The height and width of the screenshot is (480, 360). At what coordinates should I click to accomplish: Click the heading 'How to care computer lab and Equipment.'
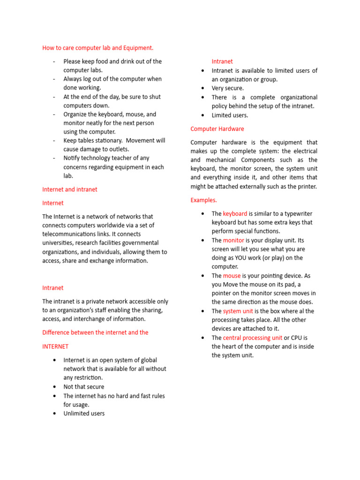tap(97, 48)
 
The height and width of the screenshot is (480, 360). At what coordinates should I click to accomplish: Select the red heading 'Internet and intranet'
tap(70, 189)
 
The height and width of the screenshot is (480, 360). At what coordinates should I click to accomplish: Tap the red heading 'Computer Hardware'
tap(217, 129)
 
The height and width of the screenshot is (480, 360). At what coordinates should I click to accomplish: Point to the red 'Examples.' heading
tap(203, 200)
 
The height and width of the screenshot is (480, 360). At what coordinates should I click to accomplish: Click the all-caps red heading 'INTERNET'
tap(55, 346)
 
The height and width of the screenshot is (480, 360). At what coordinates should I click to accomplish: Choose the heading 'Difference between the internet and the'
tap(95, 332)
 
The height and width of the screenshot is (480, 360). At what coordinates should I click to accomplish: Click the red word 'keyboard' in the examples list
tap(235, 214)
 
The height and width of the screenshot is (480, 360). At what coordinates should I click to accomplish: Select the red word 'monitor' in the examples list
tap(233, 240)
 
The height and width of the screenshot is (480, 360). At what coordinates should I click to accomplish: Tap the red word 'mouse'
tap(232, 276)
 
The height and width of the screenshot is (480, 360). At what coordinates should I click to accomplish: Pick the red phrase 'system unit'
tap(238, 311)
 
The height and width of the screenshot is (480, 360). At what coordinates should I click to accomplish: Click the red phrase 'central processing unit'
tap(252, 337)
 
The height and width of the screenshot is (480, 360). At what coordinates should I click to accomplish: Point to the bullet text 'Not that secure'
tap(84, 387)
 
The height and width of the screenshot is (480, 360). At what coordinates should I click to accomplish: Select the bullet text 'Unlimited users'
tap(84, 413)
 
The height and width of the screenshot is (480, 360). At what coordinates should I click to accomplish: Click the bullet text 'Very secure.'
tap(227, 88)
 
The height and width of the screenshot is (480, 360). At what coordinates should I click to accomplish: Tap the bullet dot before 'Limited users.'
tap(202, 115)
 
